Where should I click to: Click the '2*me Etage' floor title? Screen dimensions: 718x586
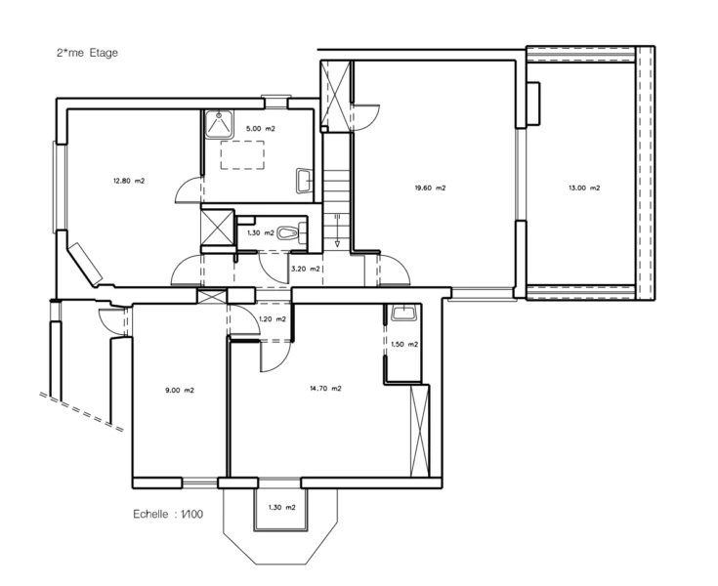pos(87,53)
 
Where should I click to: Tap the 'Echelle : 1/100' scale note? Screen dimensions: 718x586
pos(168,514)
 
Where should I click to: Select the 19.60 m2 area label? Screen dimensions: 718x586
pos(430,188)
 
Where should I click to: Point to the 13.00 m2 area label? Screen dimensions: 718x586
pos(584,188)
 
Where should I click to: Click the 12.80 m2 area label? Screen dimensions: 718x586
pos(129,181)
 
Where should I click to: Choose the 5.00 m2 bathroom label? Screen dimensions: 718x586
pos(261,129)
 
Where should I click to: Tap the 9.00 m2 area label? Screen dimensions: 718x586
pos(180,391)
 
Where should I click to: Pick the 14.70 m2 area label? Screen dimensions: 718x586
pos(325,389)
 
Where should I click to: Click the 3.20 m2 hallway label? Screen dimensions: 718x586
pos(306,269)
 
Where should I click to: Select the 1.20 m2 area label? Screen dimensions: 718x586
pos(273,319)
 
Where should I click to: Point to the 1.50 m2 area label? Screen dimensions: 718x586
pos(404,344)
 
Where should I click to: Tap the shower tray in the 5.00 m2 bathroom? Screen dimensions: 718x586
pos(219,124)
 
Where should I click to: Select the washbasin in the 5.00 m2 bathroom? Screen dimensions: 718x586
pos(304,181)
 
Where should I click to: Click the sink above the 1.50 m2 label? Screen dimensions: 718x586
pos(403,313)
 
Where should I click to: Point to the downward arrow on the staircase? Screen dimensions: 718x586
pos(337,230)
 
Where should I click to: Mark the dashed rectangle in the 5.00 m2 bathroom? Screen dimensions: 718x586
pos(242,155)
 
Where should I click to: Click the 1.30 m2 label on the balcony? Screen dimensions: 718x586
pos(281,507)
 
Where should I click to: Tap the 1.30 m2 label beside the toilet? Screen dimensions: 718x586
pos(261,233)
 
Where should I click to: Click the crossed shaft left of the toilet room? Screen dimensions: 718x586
pos(218,228)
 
